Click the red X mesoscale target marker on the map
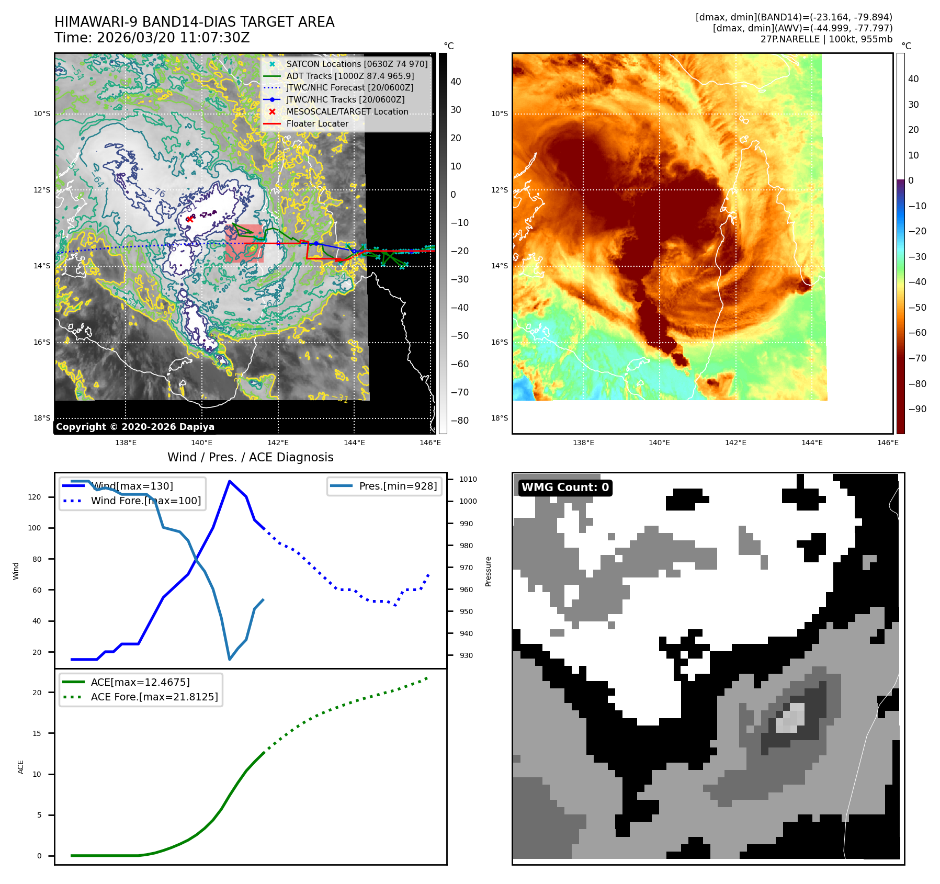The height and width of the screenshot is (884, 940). coord(189,219)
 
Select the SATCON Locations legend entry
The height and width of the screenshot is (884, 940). coord(357,64)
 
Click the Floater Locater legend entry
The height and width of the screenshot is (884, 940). coord(317,123)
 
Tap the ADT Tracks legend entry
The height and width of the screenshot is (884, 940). coord(350,76)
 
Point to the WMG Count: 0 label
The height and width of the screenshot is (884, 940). coord(565,488)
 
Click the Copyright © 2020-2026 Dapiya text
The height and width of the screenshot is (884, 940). coord(135,427)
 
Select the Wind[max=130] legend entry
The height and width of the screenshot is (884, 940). coord(132,486)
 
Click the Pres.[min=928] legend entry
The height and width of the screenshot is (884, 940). coord(398,486)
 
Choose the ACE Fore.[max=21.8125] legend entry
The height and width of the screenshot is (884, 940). coord(154,697)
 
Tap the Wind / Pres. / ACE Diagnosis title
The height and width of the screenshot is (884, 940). coord(250,457)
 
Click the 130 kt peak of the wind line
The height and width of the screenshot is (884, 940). coord(229,481)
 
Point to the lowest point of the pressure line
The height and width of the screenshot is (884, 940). coord(229,659)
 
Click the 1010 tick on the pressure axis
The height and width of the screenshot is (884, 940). coord(468,479)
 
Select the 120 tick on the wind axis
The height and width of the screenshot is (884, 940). coord(35,497)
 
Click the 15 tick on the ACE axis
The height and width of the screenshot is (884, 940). coord(37,733)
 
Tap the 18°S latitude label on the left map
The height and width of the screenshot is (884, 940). coord(42,418)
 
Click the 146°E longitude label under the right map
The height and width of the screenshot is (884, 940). coord(888,443)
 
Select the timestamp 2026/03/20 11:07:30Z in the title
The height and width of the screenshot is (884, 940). coord(173,38)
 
